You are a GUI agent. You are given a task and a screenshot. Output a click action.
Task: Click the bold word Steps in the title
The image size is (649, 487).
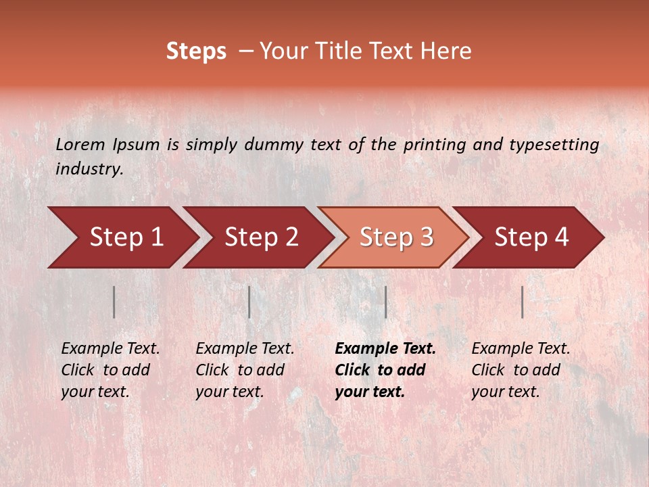[x=196, y=51]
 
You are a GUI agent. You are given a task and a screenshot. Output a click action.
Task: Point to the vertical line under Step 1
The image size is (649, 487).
[x=114, y=302]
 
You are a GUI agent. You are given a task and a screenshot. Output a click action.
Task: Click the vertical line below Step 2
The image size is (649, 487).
[x=249, y=302]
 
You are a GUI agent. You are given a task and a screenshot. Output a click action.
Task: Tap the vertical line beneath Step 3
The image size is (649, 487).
[x=385, y=302]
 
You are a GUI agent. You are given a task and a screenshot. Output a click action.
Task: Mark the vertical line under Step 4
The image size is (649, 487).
[x=522, y=302]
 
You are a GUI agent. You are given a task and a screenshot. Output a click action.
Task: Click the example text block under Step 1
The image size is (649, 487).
[x=110, y=370]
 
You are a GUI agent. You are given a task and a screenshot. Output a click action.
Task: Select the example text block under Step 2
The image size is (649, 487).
[x=245, y=370]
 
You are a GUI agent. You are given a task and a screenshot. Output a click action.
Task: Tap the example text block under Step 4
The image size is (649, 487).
[x=521, y=370]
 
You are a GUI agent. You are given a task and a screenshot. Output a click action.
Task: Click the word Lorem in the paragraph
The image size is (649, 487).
[x=80, y=144]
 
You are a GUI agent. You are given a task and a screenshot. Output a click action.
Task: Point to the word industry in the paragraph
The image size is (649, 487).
[x=89, y=169]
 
